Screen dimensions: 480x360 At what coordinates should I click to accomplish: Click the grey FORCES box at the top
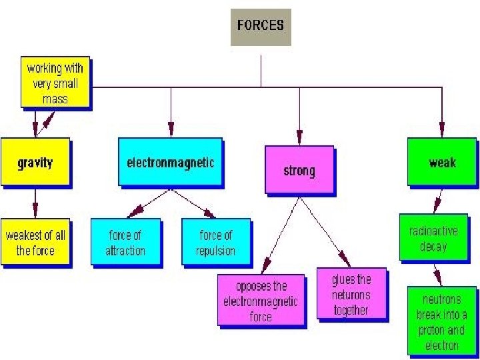click(x=261, y=27)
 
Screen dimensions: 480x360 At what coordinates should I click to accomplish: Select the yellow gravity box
click(x=35, y=162)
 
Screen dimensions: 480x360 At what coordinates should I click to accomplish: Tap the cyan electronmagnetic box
click(x=171, y=162)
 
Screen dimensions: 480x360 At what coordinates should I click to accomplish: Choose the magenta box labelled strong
click(x=299, y=171)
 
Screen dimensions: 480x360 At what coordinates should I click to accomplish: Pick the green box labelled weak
click(x=442, y=162)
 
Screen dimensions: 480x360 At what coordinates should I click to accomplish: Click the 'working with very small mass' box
click(x=55, y=84)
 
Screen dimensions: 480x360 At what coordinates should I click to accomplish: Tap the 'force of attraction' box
click(x=125, y=243)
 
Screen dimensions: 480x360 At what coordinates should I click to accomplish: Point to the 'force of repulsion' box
click(x=215, y=243)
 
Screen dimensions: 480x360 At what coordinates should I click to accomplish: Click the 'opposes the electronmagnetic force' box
click(x=261, y=301)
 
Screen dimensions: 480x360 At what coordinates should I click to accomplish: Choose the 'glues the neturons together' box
click(x=351, y=293)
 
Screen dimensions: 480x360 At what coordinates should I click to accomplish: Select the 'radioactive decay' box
click(x=433, y=238)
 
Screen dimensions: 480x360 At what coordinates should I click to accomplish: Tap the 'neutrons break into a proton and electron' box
click(x=441, y=321)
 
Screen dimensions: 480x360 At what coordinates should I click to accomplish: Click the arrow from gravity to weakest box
click(x=35, y=203)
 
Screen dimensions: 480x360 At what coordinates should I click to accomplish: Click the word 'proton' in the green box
click(x=431, y=330)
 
